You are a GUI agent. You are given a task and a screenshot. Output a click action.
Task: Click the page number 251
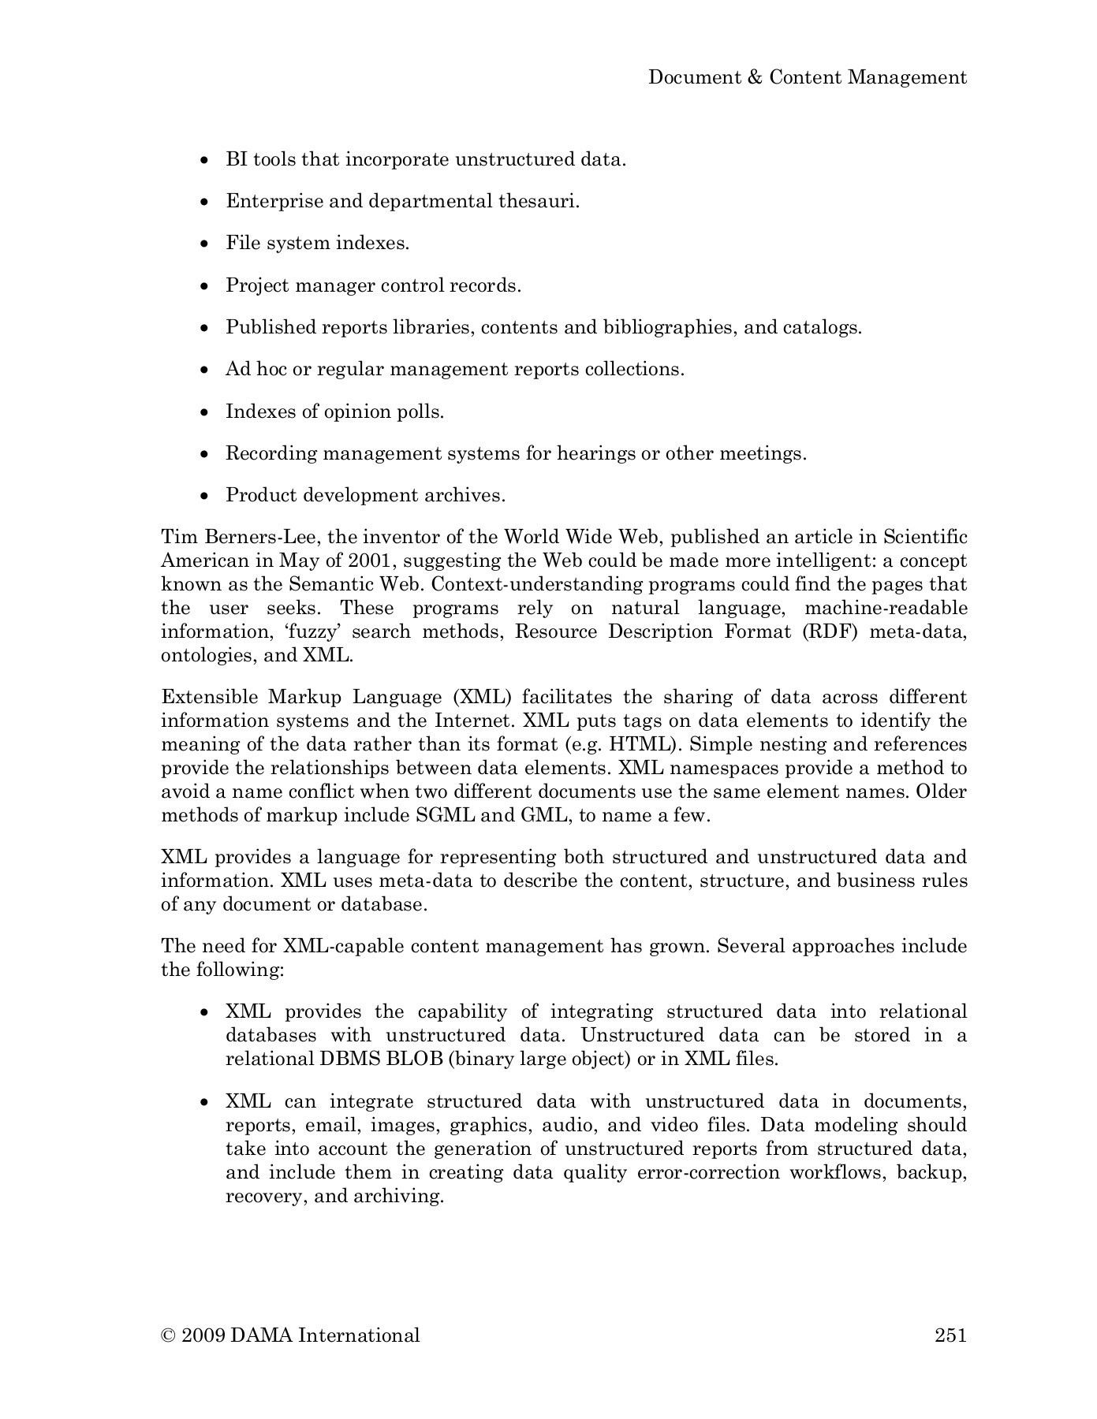pyautogui.click(x=950, y=1335)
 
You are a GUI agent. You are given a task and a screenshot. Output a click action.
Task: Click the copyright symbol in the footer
pyautogui.click(x=167, y=1335)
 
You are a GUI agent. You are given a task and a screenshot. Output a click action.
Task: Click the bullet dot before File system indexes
pyautogui.click(x=205, y=244)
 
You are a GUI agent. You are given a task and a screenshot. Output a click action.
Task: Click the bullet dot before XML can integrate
pyautogui.click(x=205, y=1102)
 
